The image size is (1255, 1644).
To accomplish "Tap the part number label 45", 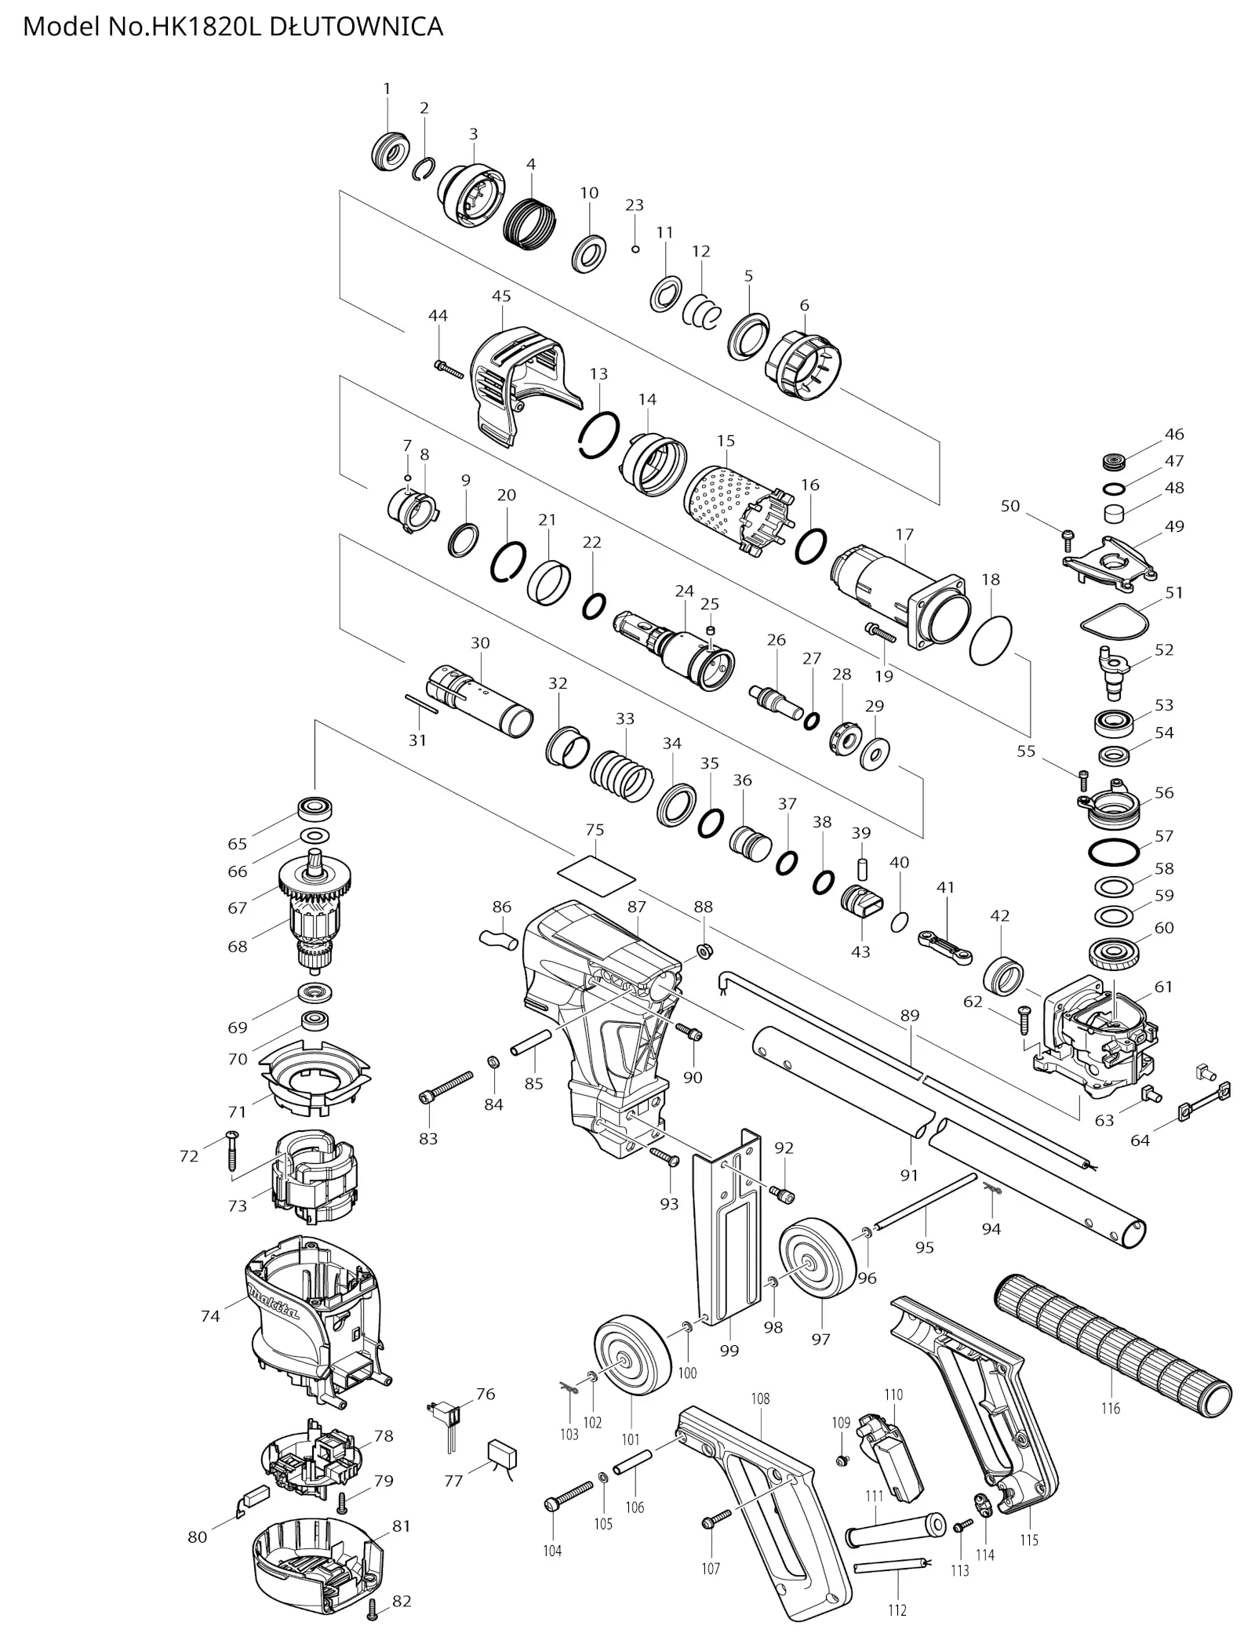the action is [501, 296].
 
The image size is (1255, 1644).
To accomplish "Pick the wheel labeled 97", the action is [818, 1268].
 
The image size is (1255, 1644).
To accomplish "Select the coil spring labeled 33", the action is [621, 776].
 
